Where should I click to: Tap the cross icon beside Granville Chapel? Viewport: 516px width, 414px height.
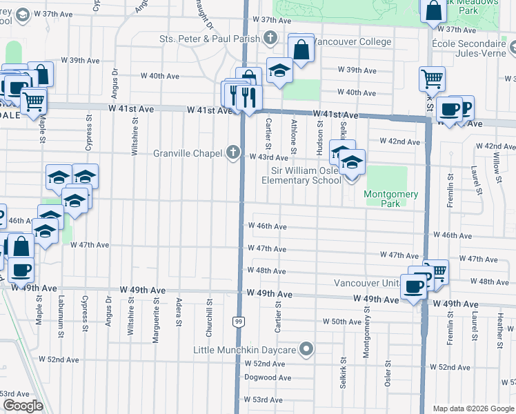pyautogui.click(x=234, y=152)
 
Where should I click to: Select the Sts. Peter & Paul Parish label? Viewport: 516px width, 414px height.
pyautogui.click(x=210, y=38)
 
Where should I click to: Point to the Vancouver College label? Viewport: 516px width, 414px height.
pyautogui.click(x=352, y=42)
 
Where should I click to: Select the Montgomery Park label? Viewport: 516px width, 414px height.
pyautogui.click(x=390, y=199)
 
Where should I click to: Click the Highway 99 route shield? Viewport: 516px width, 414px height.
pyautogui.click(x=238, y=322)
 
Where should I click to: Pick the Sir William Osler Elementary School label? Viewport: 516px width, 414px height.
pyautogui.click(x=301, y=175)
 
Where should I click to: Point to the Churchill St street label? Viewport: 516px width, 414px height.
pyautogui.click(x=208, y=316)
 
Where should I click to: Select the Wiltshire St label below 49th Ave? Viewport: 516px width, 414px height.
pyautogui.click(x=131, y=314)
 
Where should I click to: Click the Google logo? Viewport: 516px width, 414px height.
pyautogui.click(x=23, y=406)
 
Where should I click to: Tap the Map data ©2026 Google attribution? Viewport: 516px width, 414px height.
pyautogui.click(x=473, y=408)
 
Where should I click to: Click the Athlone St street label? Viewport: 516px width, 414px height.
pyautogui.click(x=294, y=133)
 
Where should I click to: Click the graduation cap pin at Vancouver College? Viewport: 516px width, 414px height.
pyautogui.click(x=279, y=71)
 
